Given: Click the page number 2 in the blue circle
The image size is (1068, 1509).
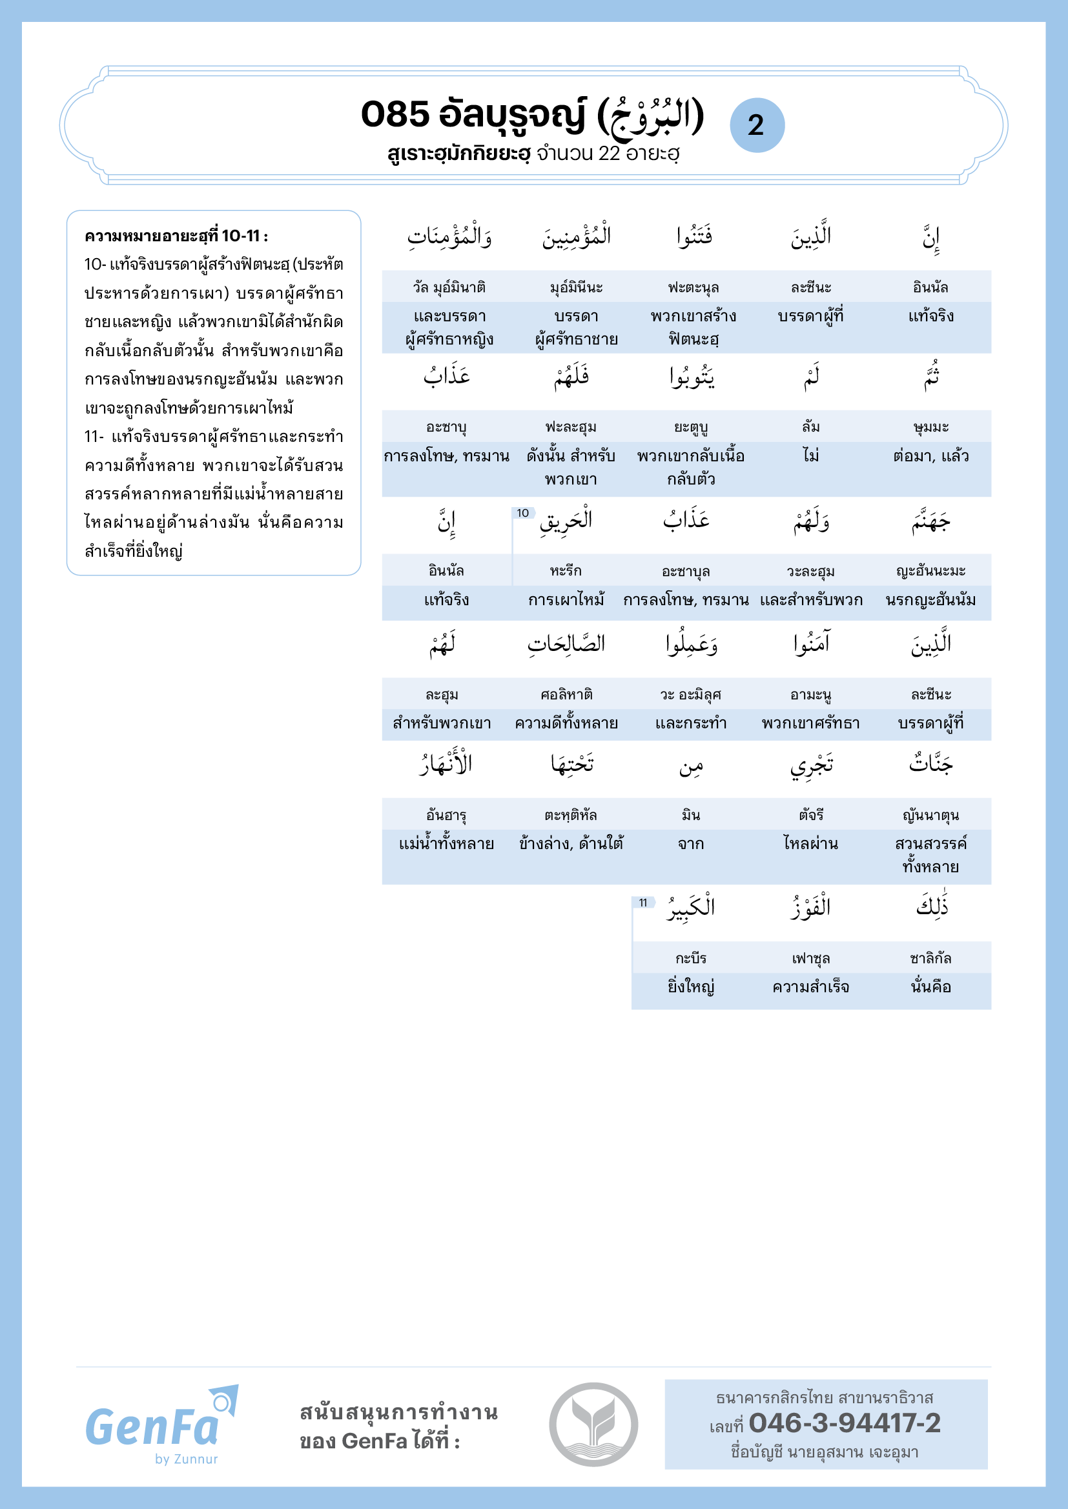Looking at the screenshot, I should (x=756, y=125).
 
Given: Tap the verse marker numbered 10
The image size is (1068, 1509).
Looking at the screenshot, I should (x=523, y=513).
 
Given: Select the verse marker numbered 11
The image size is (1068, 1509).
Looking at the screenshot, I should (x=642, y=903).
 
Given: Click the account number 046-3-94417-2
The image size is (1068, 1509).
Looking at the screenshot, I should (x=845, y=1424).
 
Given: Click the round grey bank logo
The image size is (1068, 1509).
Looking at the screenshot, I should (x=593, y=1424).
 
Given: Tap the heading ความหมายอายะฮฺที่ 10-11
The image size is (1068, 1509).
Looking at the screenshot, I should (x=176, y=236).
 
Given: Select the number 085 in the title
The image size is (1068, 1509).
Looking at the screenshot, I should (x=395, y=114).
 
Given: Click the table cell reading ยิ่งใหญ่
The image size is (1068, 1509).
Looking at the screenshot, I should (x=690, y=987).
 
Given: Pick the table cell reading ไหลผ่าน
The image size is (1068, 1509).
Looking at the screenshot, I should (x=811, y=843).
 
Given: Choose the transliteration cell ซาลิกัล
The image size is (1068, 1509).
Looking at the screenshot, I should (x=930, y=958).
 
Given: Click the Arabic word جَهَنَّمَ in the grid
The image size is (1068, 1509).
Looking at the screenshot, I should (x=930, y=523).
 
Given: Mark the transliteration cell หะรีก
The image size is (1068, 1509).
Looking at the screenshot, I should (x=566, y=570).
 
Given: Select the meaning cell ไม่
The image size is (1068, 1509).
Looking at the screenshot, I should (x=811, y=455).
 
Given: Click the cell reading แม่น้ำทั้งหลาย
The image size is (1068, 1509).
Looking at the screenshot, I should (x=447, y=843).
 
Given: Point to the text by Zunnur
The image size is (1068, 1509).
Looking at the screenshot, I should (x=186, y=1459).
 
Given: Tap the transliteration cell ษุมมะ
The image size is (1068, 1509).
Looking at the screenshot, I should (x=930, y=427).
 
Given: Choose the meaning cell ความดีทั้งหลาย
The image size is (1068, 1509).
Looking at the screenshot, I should (x=566, y=724).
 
